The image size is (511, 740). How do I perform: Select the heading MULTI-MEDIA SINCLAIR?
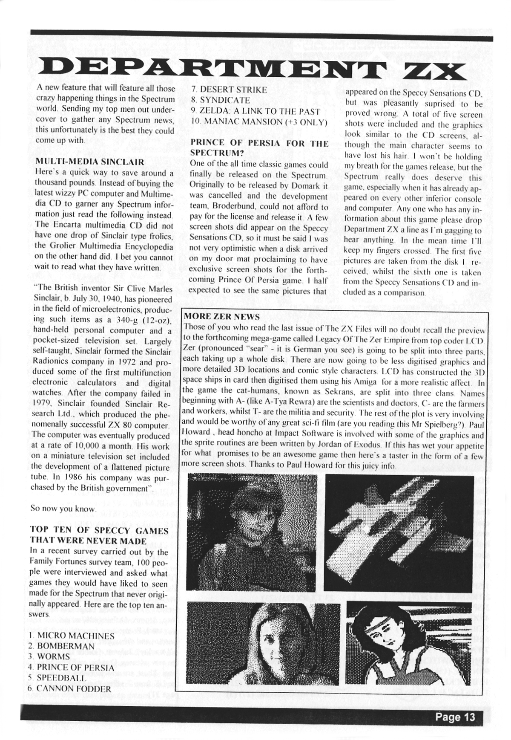tap(90, 162)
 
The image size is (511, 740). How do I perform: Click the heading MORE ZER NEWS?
tap(221, 316)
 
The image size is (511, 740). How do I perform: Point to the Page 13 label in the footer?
tap(455, 717)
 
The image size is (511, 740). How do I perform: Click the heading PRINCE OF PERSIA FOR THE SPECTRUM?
tap(259, 147)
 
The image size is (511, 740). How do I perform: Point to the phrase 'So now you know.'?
tap(63, 509)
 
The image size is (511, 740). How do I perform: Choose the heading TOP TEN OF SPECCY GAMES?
tap(99, 531)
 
